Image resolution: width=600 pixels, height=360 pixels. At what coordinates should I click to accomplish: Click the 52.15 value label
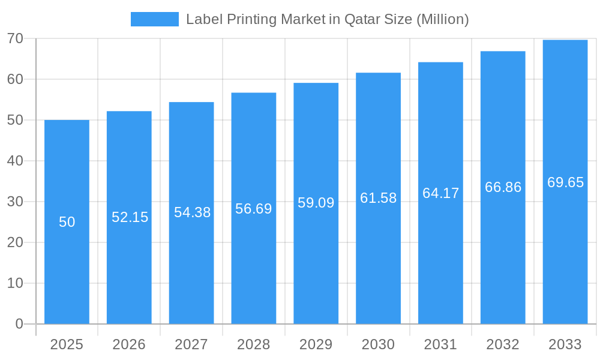click(130, 217)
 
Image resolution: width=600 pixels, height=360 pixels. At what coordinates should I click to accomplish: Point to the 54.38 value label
click(192, 212)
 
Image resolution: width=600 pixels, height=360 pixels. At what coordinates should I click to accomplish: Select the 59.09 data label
click(316, 203)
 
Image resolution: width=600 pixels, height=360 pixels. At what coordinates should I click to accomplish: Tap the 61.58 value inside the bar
click(378, 198)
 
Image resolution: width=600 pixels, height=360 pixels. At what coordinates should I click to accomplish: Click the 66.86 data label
click(503, 187)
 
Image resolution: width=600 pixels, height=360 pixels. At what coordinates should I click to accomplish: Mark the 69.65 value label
click(565, 182)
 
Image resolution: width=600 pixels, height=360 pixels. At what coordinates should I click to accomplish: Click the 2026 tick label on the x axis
click(129, 344)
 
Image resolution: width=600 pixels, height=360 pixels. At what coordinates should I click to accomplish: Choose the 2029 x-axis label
click(316, 344)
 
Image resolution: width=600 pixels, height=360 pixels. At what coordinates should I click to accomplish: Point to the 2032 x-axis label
click(503, 344)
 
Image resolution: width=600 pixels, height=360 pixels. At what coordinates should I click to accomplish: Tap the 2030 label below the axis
click(378, 344)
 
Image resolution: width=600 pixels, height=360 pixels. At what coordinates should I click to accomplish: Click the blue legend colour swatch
click(154, 19)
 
